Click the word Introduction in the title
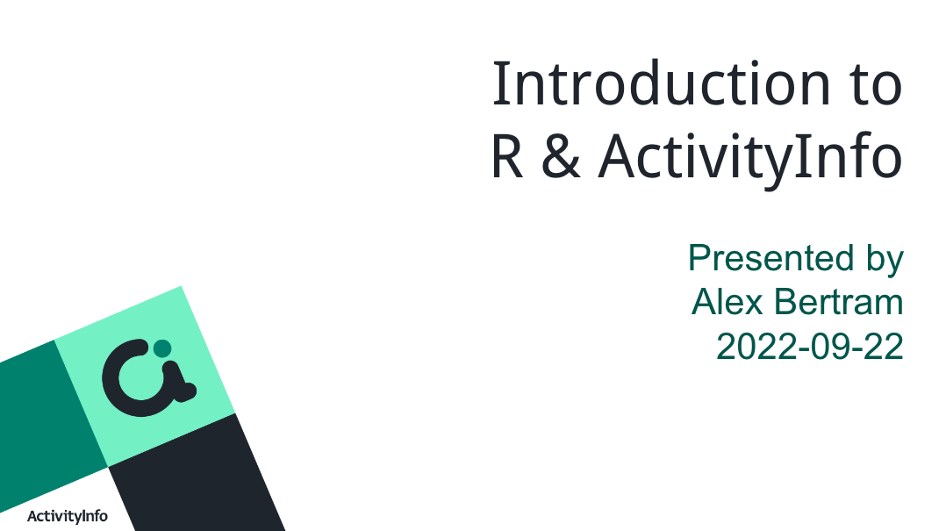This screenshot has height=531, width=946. click(662, 83)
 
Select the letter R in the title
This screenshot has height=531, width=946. click(507, 156)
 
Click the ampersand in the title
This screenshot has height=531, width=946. click(561, 156)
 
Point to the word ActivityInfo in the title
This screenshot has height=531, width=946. click(750, 159)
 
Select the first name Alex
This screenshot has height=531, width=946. click(727, 302)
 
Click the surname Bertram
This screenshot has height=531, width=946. click(839, 302)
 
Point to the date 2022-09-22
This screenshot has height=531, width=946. click(810, 347)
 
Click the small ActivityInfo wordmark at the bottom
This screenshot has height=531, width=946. click(68, 516)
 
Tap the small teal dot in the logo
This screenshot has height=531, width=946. click(162, 348)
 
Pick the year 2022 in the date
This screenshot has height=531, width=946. click(754, 347)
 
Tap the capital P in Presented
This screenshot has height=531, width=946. click(700, 258)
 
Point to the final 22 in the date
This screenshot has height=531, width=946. click(884, 347)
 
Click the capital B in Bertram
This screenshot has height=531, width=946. click(786, 302)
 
